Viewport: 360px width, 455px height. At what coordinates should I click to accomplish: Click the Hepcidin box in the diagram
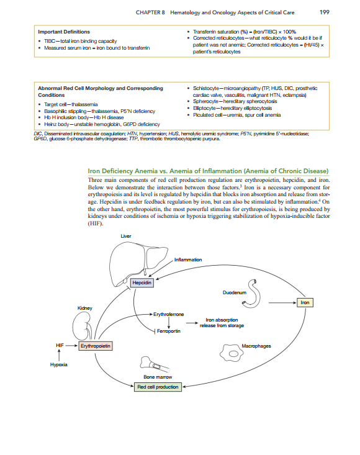pos(141,283)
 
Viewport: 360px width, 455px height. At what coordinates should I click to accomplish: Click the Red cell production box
pos(158,387)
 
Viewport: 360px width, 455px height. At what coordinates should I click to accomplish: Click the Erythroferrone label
pos(169,315)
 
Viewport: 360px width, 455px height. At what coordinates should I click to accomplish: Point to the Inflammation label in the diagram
pos(188,259)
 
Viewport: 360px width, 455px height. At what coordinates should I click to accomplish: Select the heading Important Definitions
pos(64,32)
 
